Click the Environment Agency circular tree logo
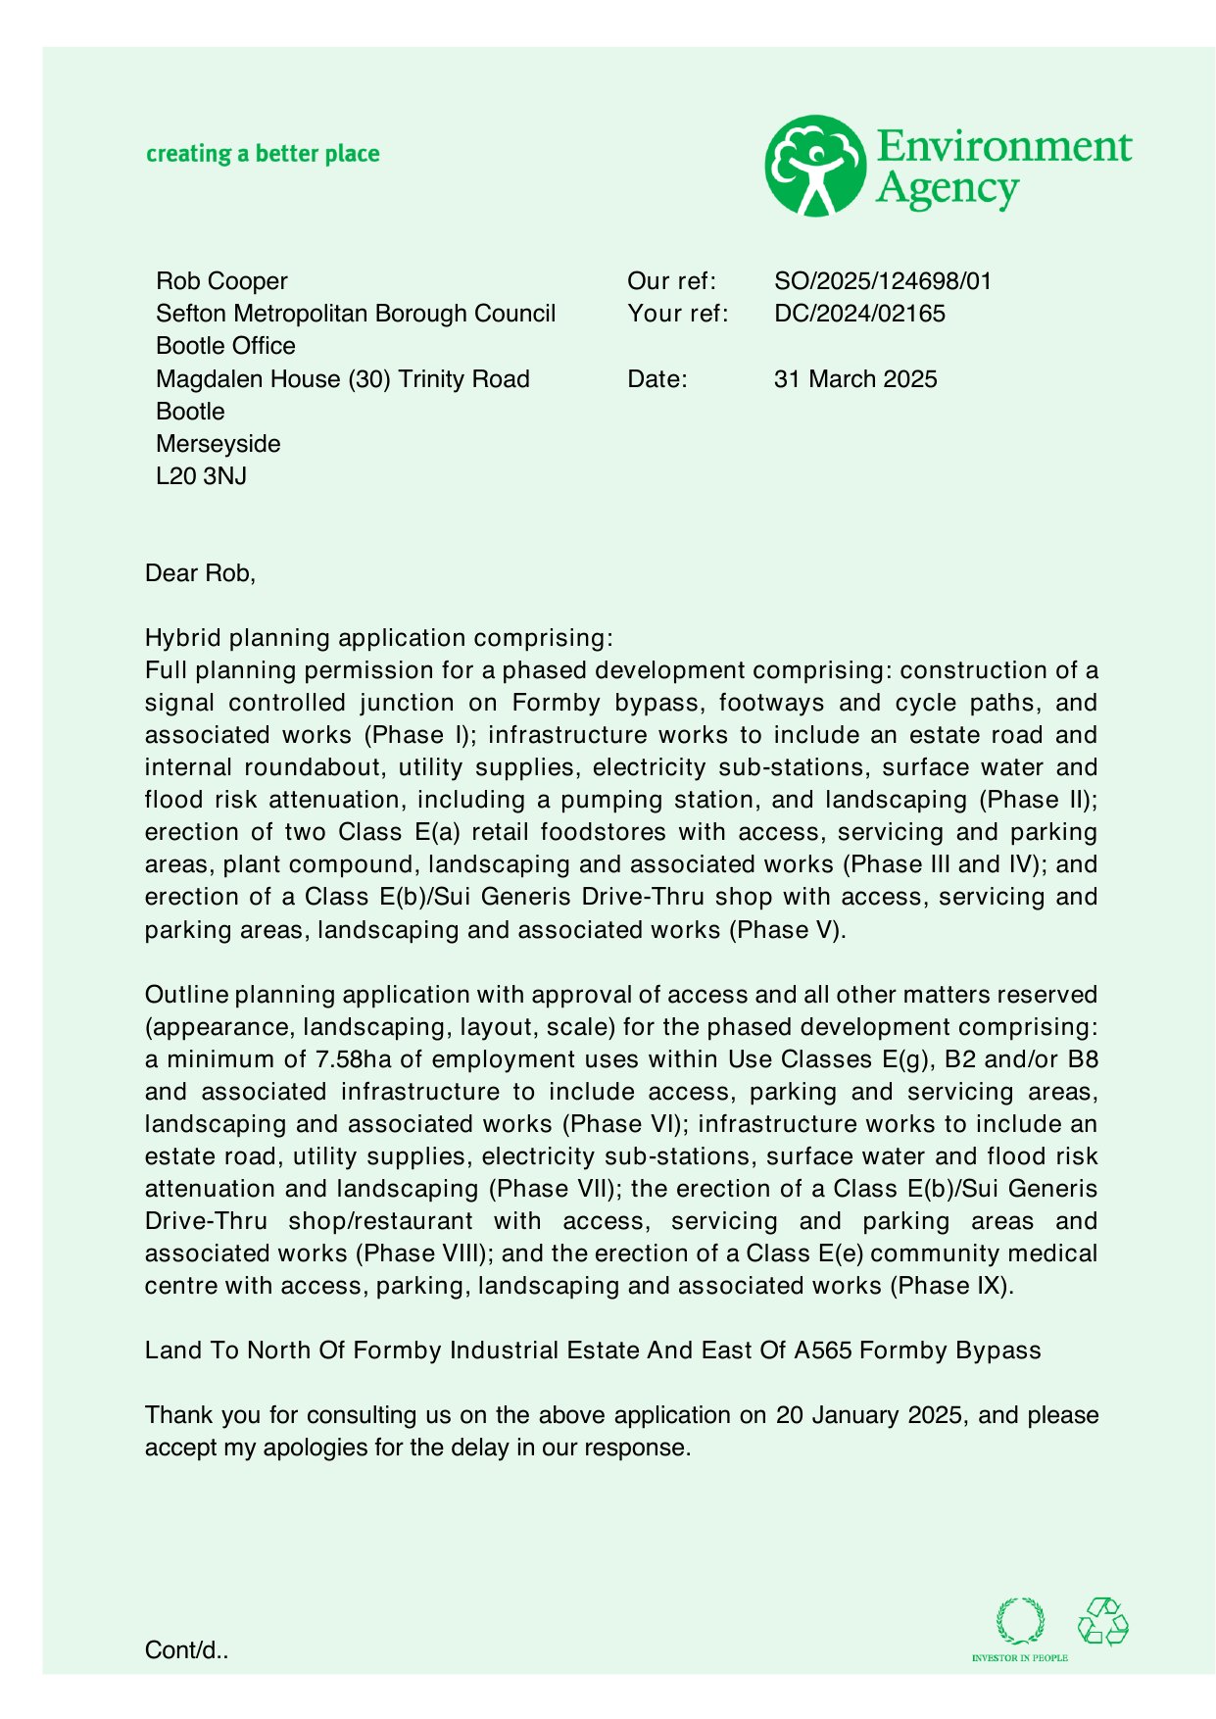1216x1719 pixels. coord(814,166)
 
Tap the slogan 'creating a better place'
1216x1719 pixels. coord(263,154)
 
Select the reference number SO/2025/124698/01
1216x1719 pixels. coord(882,281)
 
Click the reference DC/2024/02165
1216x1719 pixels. coord(858,314)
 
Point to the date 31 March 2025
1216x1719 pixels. coord(854,379)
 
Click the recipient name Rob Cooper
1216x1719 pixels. coord(221,281)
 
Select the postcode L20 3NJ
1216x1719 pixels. coord(201,476)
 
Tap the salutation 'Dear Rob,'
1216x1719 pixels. coord(200,573)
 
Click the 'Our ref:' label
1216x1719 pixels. coord(671,281)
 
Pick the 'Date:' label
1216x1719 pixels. coord(657,379)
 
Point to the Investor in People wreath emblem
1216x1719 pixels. coord(1020,1622)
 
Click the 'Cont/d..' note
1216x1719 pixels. coord(186,1650)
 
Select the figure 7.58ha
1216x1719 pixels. coord(352,1059)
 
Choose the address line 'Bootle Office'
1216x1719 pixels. coord(225,346)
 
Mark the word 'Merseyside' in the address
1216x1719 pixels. coord(218,444)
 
